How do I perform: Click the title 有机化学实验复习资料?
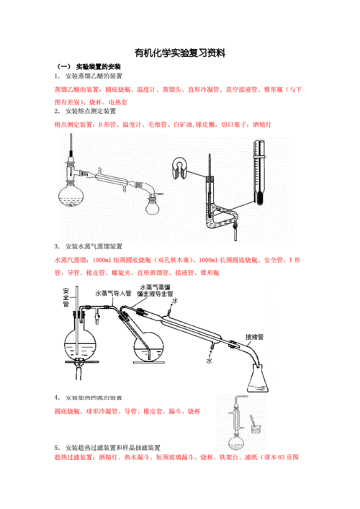click(x=180, y=53)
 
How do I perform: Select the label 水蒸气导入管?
click(x=112, y=293)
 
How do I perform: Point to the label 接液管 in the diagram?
click(x=256, y=336)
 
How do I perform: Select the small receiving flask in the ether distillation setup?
click(x=152, y=207)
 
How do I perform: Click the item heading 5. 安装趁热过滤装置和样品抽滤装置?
click(x=111, y=446)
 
